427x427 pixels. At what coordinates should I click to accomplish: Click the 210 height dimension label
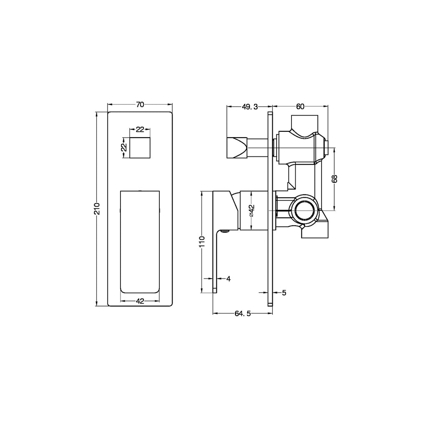point(97,208)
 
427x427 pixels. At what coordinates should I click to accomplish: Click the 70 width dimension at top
point(140,105)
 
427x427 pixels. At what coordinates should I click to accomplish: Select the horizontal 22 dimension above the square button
point(140,129)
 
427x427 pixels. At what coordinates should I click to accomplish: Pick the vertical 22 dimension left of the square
point(123,147)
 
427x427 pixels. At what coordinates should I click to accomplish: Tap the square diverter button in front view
point(140,147)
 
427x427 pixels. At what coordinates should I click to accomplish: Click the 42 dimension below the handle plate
point(140,301)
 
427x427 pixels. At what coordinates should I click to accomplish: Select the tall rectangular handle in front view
point(140,242)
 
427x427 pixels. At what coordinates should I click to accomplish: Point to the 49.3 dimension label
point(250,106)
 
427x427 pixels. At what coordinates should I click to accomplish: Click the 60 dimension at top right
point(300,106)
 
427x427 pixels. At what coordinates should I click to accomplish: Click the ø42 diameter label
point(251,210)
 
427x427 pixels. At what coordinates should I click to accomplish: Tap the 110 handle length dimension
point(202,242)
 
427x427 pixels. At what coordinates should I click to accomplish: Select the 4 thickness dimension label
point(228,279)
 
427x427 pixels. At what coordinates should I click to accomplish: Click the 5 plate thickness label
point(284,293)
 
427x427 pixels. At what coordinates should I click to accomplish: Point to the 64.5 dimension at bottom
point(242,314)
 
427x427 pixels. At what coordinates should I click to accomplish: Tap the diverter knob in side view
point(236,147)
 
